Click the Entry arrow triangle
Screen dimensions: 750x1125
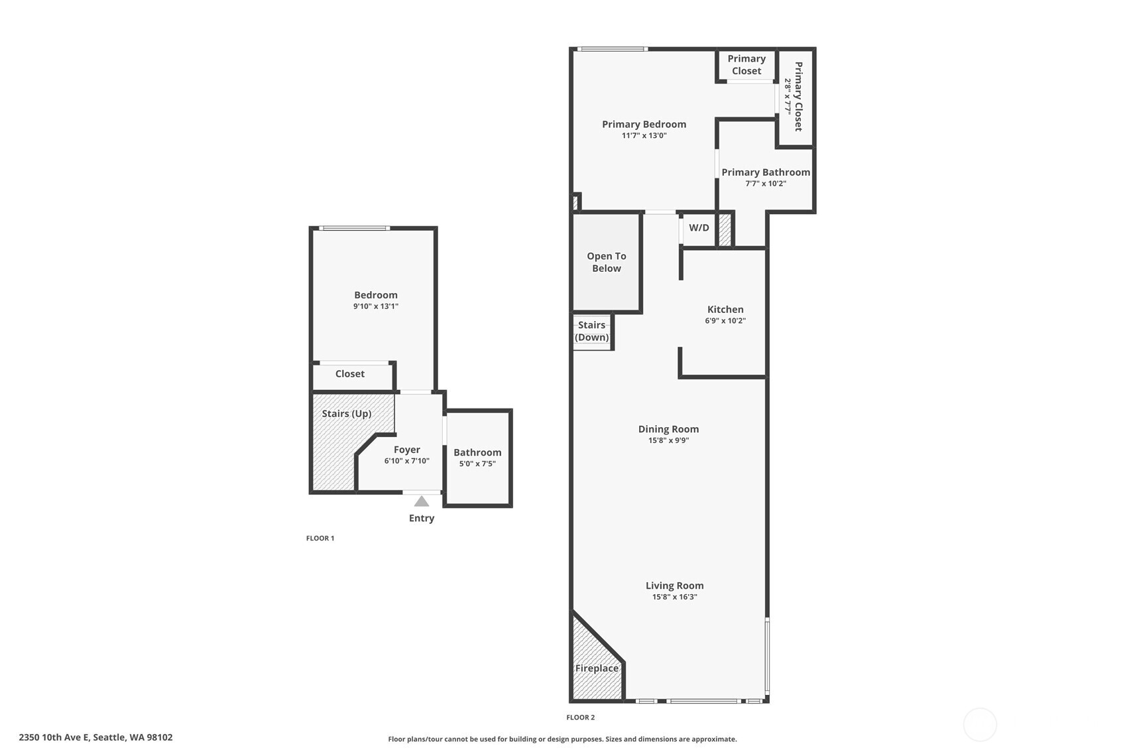click(x=422, y=501)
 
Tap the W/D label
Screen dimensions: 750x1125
click(x=699, y=228)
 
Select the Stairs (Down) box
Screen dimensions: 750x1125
click(x=591, y=331)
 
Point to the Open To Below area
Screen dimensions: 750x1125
click(x=606, y=262)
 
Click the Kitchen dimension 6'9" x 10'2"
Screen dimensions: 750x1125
click(x=725, y=321)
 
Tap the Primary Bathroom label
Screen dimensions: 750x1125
click(x=766, y=172)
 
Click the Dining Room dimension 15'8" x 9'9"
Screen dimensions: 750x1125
click(x=668, y=440)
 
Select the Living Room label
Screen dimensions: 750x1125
click(x=674, y=586)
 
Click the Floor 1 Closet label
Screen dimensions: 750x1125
click(x=349, y=374)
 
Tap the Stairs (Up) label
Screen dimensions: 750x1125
click(x=346, y=414)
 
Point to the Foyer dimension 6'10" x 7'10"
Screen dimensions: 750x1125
click(x=406, y=461)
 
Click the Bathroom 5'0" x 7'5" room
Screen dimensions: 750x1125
click(x=477, y=458)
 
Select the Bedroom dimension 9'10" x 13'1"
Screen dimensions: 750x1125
click(x=375, y=306)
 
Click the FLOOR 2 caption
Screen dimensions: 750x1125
click(x=580, y=718)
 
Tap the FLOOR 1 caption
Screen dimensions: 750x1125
click(x=320, y=538)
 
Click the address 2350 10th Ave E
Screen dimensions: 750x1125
click(x=95, y=737)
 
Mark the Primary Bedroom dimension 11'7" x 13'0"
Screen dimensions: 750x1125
click(x=644, y=136)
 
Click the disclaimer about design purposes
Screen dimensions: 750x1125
click(x=562, y=739)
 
